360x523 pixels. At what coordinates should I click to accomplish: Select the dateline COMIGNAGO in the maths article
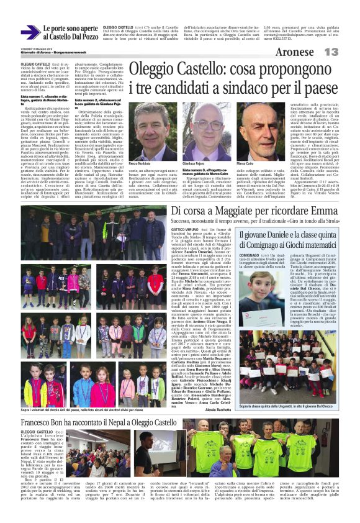pyautogui.click(x=250, y=272)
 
